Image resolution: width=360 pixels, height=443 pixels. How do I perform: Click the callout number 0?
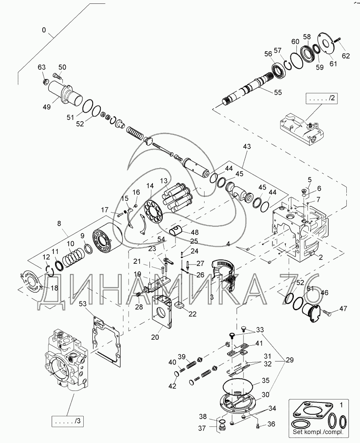point(44,30)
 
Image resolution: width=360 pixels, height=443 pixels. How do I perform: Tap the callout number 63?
point(41,67)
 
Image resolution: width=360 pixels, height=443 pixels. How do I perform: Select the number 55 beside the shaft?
point(278,92)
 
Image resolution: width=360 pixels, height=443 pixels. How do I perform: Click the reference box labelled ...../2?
point(321,99)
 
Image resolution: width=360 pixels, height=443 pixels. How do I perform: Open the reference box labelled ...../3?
point(67,422)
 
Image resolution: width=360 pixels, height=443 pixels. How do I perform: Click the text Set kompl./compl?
point(318,432)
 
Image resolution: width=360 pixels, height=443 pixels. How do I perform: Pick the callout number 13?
point(164,181)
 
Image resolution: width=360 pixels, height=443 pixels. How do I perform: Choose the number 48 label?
point(195,232)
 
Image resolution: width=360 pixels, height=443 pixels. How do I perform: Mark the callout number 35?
point(265,380)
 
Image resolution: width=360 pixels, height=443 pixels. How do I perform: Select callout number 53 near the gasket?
point(82,303)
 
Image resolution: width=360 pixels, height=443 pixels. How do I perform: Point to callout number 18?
point(54,288)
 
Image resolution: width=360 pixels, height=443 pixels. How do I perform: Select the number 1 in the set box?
point(341,404)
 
